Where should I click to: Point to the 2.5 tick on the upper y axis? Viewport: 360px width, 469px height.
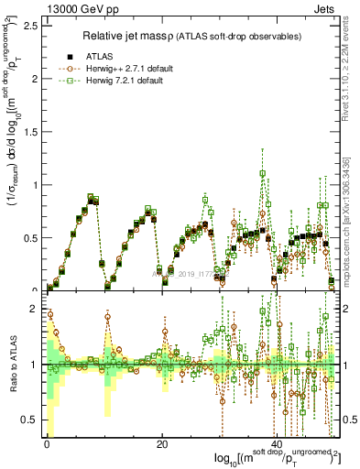pyautogui.click(x=30, y=25)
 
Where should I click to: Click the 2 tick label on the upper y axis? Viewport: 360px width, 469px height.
pyautogui.click(x=36, y=78)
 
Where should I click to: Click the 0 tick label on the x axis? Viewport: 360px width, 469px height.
pyautogui.click(x=47, y=444)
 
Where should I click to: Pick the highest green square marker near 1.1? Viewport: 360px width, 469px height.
pyautogui.click(x=263, y=173)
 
